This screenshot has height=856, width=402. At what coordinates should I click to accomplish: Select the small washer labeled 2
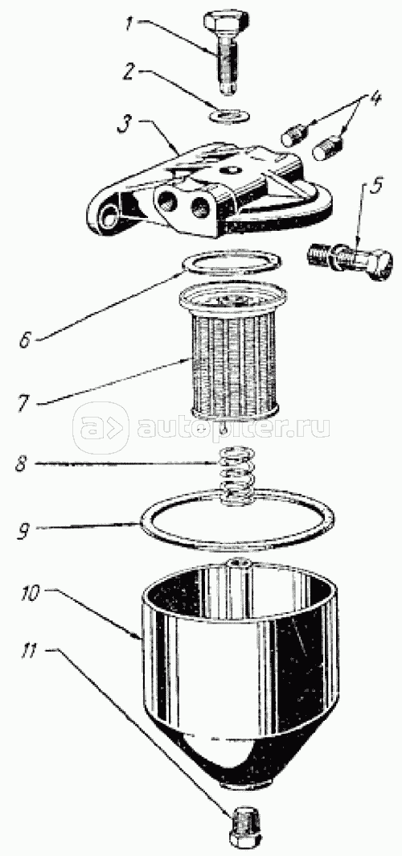point(228,115)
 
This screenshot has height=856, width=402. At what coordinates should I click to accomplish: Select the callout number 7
point(23,403)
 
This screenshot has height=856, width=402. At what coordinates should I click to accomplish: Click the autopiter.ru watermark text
point(233,426)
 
